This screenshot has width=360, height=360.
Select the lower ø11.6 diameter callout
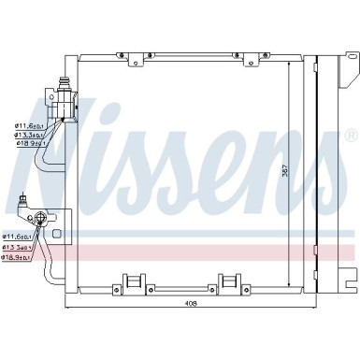(19, 238)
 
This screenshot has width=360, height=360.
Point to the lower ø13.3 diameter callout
(19, 247)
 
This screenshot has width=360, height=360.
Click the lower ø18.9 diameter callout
(19, 256)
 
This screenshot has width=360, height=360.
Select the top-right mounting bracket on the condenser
(250, 59)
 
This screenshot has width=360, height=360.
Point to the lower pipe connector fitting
(41, 219)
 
